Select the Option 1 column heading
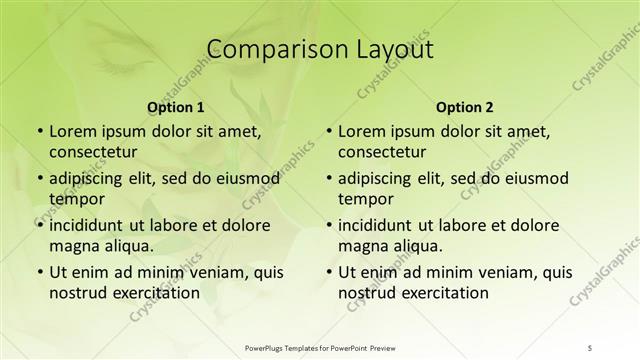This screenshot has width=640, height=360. click(176, 107)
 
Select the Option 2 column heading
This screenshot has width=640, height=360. click(465, 107)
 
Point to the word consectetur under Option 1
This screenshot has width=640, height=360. click(95, 152)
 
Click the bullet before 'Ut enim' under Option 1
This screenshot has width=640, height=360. click(39, 271)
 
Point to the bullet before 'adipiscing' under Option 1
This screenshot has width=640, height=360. click(39, 178)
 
